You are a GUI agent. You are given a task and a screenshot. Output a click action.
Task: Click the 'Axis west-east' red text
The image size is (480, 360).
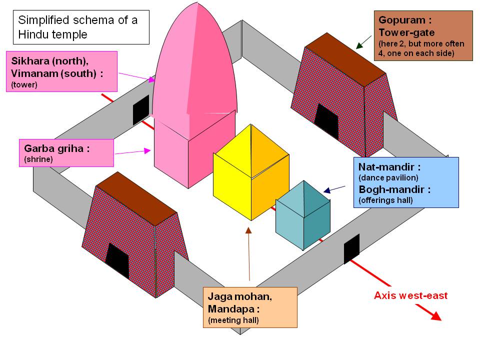pos(410,295)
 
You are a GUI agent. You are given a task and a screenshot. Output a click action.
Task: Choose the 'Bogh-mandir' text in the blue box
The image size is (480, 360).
pos(394,189)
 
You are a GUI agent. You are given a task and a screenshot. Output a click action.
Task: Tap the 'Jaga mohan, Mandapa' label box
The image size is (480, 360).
pos(249,307)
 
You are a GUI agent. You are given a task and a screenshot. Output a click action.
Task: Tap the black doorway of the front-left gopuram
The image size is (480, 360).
pos(118,261)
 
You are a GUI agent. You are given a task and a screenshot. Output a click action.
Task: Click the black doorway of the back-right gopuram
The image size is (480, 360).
pos(326,121)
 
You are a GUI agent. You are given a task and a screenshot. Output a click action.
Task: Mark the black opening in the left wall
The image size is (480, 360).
pos(141,109)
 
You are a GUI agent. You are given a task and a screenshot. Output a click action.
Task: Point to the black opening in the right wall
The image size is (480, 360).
pos(351,248)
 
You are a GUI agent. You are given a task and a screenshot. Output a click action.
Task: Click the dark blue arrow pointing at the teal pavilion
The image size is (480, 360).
pos(334,189)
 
